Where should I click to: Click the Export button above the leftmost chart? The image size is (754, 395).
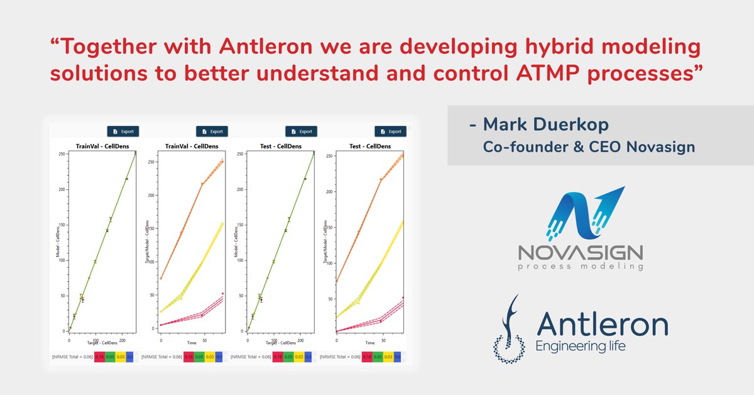click(x=123, y=131)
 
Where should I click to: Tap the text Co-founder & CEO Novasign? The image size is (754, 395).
click(x=589, y=147)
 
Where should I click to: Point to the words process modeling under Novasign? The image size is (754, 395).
click(x=580, y=267)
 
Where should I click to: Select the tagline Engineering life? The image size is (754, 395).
click(x=579, y=347)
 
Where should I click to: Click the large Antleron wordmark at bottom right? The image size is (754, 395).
click(x=602, y=325)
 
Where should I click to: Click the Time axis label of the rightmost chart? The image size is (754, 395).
click(x=369, y=343)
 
